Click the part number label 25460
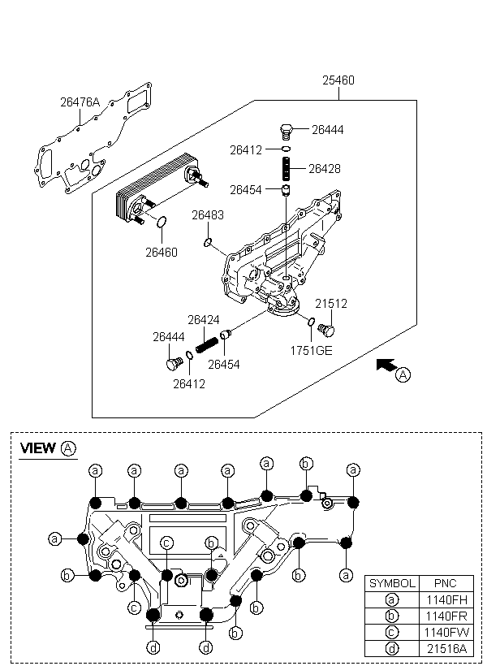click(338, 80)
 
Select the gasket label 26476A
click(80, 102)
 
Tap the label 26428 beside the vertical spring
click(325, 169)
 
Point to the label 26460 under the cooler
click(162, 253)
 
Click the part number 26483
click(208, 215)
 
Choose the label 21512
click(330, 303)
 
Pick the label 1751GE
click(311, 350)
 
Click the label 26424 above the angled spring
click(204, 320)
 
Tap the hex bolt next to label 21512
click(326, 330)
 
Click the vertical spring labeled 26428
click(287, 169)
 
